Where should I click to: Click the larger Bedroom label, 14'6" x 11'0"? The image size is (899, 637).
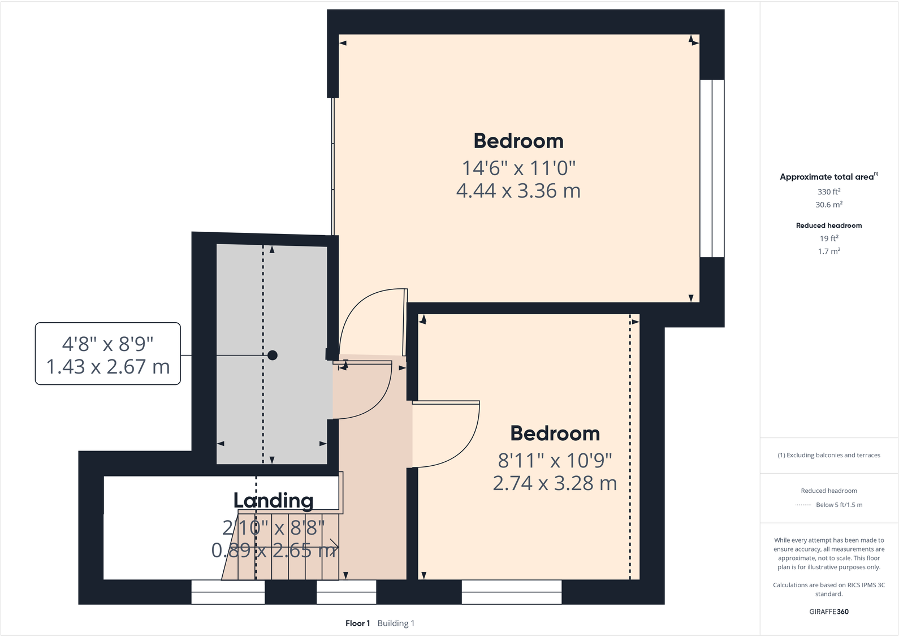518,141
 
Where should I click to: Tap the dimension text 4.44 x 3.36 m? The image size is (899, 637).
518,191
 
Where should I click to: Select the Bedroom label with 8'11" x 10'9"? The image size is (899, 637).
555,434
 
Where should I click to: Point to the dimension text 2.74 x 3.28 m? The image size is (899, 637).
555,483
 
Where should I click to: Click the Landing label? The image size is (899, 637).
273,501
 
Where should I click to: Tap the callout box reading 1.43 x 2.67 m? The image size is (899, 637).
108,354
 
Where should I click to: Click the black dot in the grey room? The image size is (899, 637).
273,356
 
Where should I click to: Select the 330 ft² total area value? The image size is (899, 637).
829,192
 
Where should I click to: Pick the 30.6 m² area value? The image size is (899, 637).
829,205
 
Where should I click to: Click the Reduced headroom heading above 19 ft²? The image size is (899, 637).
829,226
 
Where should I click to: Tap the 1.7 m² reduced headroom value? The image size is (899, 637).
829,252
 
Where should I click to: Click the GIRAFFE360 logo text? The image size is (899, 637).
829,612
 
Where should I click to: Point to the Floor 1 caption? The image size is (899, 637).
357,623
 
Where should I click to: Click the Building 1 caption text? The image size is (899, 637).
396,623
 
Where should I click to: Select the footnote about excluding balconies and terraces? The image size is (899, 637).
829,455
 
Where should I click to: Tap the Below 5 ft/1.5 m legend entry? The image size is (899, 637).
839,505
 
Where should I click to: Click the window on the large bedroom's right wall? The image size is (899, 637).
712,168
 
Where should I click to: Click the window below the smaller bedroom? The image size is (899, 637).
512,592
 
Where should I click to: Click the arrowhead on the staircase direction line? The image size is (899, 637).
335,547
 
